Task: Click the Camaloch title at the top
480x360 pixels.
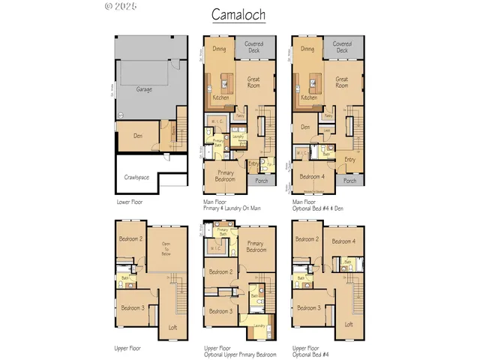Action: (x=238, y=14)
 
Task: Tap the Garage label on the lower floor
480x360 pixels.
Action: (x=144, y=88)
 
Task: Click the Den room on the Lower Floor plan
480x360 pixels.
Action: (x=135, y=136)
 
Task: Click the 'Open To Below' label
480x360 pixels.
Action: (x=165, y=249)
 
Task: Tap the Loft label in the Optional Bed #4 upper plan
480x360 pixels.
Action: (x=348, y=324)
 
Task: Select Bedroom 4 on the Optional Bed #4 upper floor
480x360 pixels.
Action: (x=343, y=241)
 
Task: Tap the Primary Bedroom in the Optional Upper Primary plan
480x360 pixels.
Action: (x=256, y=247)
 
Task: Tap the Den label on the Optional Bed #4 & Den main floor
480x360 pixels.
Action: (x=305, y=127)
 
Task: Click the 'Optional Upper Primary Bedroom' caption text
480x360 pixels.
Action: (x=240, y=354)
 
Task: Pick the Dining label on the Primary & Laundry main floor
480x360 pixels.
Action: (x=219, y=49)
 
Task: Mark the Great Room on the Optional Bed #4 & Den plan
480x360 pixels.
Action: (x=342, y=82)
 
